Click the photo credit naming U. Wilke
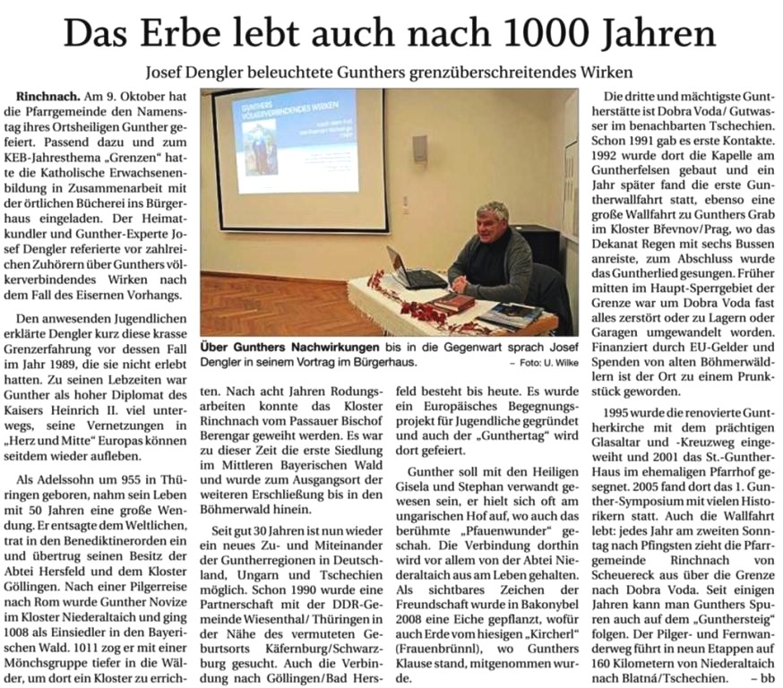(538, 363)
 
